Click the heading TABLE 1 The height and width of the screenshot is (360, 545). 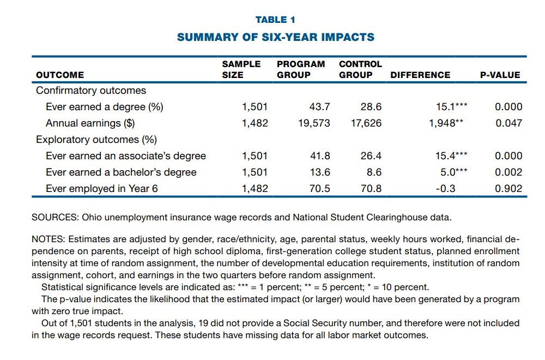(x=275, y=20)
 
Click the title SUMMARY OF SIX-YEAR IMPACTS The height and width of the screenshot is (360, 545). (x=275, y=38)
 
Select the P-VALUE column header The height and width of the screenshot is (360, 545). (x=500, y=75)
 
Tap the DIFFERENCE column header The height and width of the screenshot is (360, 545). (x=420, y=75)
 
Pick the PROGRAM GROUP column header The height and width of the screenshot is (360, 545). (x=300, y=69)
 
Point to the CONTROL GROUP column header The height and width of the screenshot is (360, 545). (x=360, y=69)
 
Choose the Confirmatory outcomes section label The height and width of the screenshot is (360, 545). (x=91, y=91)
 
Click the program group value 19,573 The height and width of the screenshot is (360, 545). (x=314, y=123)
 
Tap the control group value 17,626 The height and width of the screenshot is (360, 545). (x=366, y=123)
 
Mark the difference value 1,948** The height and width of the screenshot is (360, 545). (x=446, y=123)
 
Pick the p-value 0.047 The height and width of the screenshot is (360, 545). (x=508, y=123)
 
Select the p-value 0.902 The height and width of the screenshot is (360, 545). (x=508, y=189)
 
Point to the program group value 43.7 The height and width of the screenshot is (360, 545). (x=319, y=107)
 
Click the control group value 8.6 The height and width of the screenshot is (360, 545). (x=374, y=172)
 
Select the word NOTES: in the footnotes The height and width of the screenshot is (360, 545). (x=49, y=239)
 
